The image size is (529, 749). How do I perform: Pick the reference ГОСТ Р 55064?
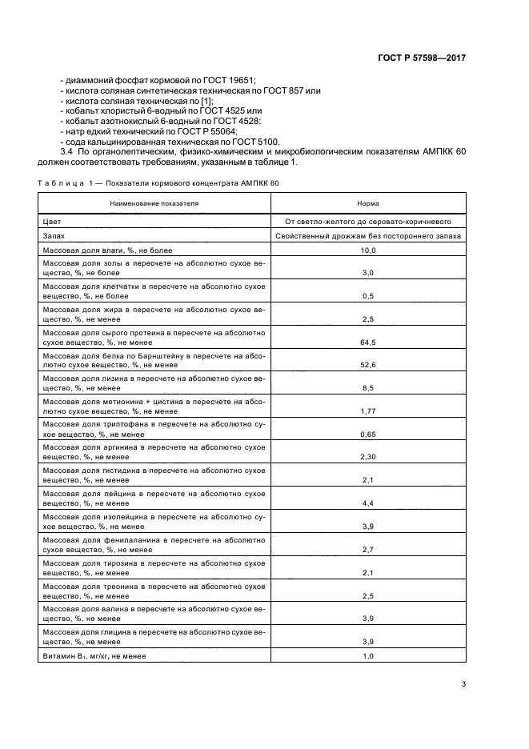[210, 130]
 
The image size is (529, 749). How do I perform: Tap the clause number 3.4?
[66, 151]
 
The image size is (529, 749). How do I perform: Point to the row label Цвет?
[52, 221]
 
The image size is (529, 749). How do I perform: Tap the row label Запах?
[54, 236]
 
